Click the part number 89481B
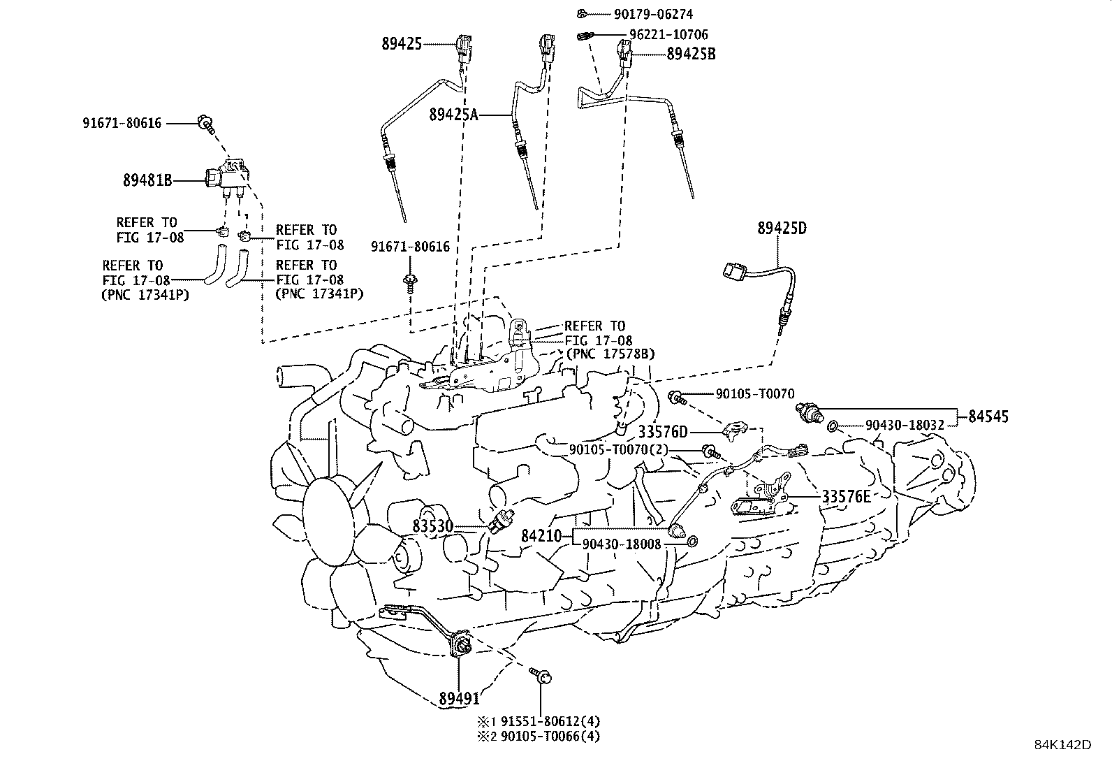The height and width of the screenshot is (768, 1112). pos(147,180)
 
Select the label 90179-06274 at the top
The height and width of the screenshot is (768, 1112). pos(653,14)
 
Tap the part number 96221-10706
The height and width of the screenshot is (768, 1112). pos(668,34)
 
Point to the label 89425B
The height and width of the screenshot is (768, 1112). pos(691,54)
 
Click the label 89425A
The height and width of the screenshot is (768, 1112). pos(454,115)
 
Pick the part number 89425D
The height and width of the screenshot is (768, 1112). pos(782,228)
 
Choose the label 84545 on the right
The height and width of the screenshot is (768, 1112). pos(988,417)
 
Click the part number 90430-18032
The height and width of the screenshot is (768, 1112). pos(905,425)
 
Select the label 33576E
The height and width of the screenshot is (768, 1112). pos(846,497)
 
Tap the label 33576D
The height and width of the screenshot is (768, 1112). pos(663,432)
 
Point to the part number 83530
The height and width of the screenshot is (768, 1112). pos(433,526)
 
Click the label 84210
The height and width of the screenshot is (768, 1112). pos(541,537)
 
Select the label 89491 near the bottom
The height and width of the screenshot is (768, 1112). pos(460,697)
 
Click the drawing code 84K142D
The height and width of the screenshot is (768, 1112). pos(1062,744)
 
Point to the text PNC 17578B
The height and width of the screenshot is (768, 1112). pos(610,355)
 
